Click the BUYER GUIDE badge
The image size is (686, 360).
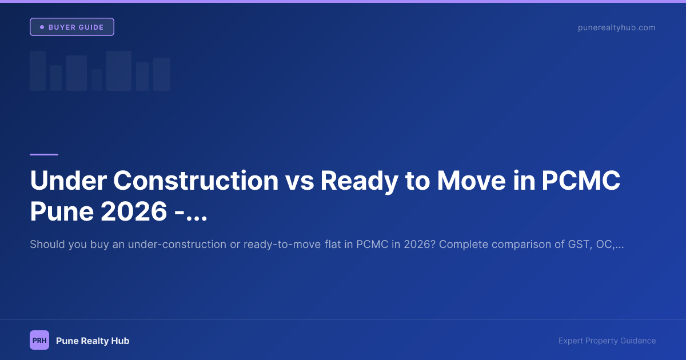pyautogui.click(x=72, y=27)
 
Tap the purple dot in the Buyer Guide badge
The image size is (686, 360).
pyautogui.click(x=42, y=27)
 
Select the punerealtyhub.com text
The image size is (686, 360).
pyautogui.click(x=616, y=27)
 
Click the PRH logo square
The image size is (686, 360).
pyautogui.click(x=39, y=341)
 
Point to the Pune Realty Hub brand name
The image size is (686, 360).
pyautogui.click(x=93, y=341)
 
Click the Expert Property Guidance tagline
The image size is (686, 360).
pyautogui.click(x=607, y=341)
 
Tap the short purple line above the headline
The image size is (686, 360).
pyautogui.click(x=44, y=154)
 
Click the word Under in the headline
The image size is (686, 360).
pyautogui.click(x=68, y=181)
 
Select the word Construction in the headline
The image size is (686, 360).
pyautogui.click(x=196, y=181)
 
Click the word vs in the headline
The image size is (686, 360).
pyautogui.click(x=299, y=181)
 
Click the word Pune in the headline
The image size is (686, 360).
pyautogui.click(x=61, y=212)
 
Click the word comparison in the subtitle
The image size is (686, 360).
pyautogui.click(x=522, y=245)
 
